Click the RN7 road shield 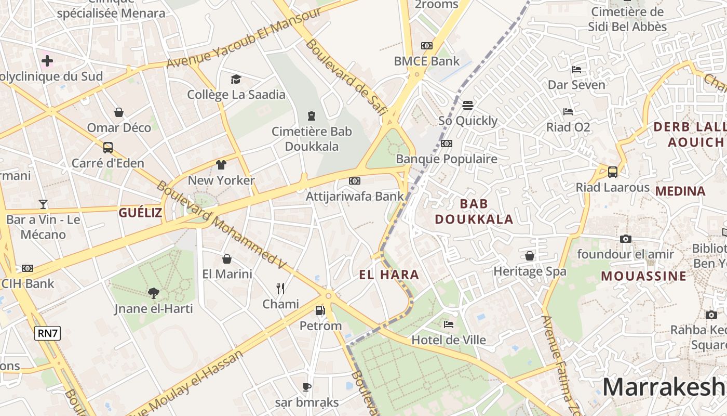(47, 333)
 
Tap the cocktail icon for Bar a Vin (43, 204)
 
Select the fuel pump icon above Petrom (320, 310)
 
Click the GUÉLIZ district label (140, 212)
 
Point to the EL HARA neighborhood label (389, 275)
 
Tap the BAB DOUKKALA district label (474, 211)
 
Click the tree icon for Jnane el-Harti (153, 293)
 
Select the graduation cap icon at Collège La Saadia (236, 79)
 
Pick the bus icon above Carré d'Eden (107, 148)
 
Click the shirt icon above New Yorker (221, 165)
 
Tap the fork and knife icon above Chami (280, 289)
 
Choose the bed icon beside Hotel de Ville (449, 324)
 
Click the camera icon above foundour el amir (626, 239)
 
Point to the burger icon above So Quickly (467, 105)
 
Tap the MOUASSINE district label (644, 276)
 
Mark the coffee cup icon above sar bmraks (307, 387)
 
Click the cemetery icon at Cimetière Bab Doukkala (312, 115)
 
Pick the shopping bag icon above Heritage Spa (530, 256)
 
